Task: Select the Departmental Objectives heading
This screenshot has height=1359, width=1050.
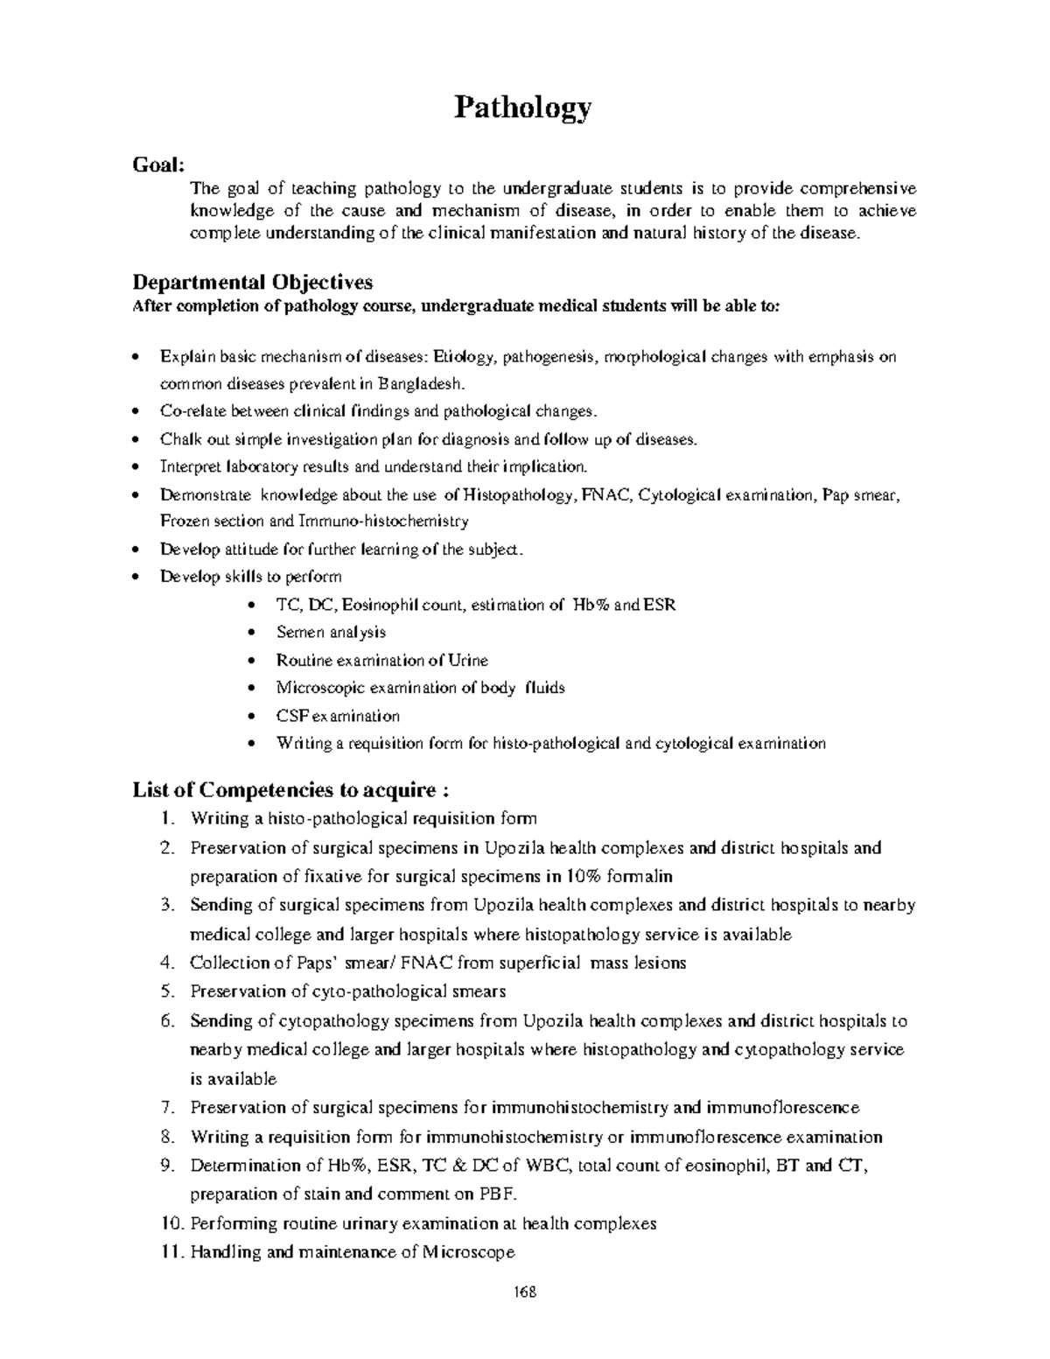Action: pyautogui.click(x=252, y=282)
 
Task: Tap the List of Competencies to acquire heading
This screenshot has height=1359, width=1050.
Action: pyautogui.click(x=290, y=790)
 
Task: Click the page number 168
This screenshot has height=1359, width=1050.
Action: pyautogui.click(x=524, y=1292)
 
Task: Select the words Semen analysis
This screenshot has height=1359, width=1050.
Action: pyautogui.click(x=331, y=632)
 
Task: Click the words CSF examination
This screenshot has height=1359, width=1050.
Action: pyautogui.click(x=338, y=716)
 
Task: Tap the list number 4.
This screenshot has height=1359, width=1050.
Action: pyautogui.click(x=168, y=963)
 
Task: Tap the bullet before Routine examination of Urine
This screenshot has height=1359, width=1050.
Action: pyautogui.click(x=252, y=661)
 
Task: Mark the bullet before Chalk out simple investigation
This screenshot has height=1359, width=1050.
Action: pyautogui.click(x=134, y=439)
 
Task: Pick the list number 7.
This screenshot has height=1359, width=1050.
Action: pyautogui.click(x=168, y=1107)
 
